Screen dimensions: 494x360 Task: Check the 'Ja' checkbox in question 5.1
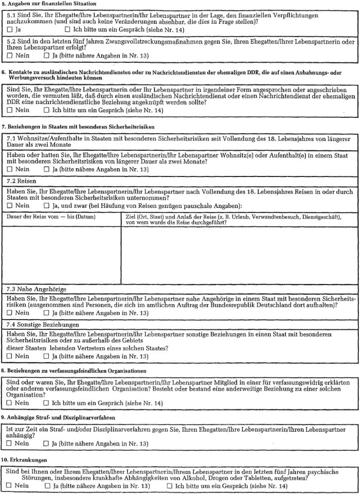click(10, 30)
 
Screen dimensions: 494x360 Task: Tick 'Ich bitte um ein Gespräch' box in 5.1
click(67, 30)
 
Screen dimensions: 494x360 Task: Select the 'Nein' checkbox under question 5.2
click(10, 55)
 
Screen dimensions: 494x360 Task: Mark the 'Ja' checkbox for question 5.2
click(47, 55)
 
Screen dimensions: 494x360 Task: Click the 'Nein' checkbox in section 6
click(10, 110)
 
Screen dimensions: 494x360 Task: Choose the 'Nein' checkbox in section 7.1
click(10, 169)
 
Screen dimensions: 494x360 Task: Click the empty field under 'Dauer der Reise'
click(63, 255)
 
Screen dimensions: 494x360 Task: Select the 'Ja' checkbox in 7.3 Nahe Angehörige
click(47, 312)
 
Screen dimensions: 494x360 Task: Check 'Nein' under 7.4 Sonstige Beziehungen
click(10, 356)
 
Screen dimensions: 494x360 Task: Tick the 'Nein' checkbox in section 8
click(10, 403)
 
